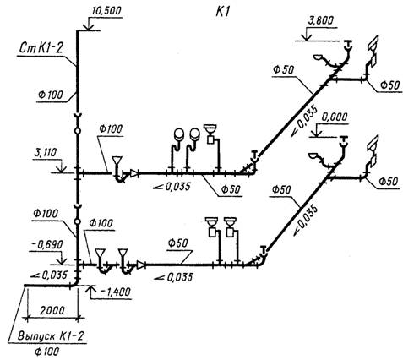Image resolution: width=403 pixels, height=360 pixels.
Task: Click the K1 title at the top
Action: tap(223, 13)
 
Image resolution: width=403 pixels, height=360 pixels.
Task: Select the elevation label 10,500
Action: tap(106, 11)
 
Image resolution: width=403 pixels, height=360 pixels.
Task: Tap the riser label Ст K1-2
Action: tap(41, 48)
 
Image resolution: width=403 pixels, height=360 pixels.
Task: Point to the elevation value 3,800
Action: tap(320, 21)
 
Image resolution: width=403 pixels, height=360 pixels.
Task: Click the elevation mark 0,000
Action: tap(335, 117)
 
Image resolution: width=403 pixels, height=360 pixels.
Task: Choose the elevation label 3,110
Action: tap(45, 153)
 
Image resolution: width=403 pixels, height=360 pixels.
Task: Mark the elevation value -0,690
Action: tap(46, 245)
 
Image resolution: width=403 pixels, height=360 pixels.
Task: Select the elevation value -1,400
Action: tap(115, 292)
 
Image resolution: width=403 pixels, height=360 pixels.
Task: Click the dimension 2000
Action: tap(52, 310)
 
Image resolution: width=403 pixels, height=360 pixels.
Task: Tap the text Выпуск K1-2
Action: tap(51, 336)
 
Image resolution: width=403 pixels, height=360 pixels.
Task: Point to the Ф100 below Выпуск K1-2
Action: tap(46, 352)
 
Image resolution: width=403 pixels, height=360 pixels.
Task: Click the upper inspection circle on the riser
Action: tap(78, 131)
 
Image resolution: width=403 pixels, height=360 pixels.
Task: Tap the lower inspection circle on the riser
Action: tap(78, 221)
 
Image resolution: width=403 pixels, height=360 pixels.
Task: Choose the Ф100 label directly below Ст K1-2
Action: tap(51, 95)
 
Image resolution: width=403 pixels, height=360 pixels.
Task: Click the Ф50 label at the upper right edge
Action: tap(389, 85)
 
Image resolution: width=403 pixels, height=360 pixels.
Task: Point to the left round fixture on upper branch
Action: tap(178, 134)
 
